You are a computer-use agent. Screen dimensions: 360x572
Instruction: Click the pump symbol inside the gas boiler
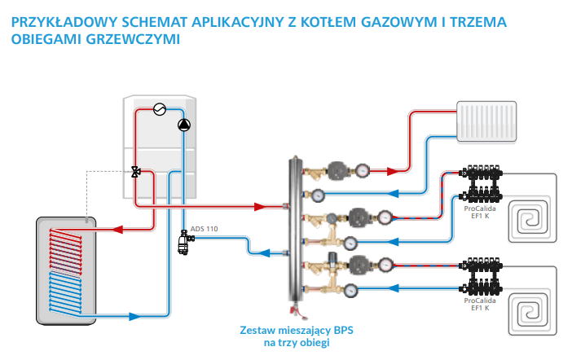[183, 125]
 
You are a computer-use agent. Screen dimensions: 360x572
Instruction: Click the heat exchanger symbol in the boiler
[160, 108]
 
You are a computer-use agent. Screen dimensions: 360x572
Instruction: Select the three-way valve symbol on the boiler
[134, 172]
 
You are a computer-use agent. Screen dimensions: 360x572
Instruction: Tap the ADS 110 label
[203, 229]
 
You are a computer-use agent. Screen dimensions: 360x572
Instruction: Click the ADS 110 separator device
[183, 242]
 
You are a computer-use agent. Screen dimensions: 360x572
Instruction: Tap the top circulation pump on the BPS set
[337, 170]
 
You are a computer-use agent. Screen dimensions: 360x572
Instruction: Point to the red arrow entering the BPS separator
[261, 206]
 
